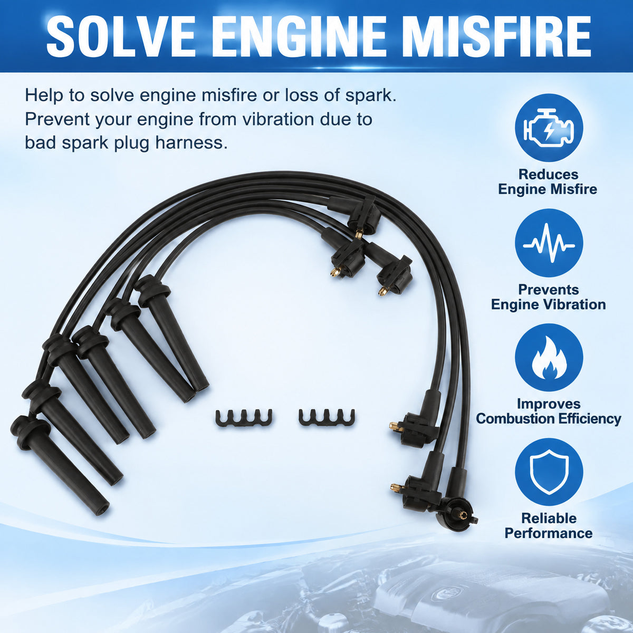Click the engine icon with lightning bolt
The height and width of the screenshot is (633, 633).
tap(549, 128)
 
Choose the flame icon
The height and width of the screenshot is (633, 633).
tap(549, 359)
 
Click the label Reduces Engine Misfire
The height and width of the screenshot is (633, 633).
tap(548, 181)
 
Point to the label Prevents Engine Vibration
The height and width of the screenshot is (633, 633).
tap(548, 297)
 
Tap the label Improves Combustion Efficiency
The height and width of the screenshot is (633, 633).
tap(548, 411)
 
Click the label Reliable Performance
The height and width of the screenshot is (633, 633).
tap(549, 525)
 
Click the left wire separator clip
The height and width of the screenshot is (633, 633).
tap(244, 418)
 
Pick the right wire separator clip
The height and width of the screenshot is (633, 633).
tap(327, 418)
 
